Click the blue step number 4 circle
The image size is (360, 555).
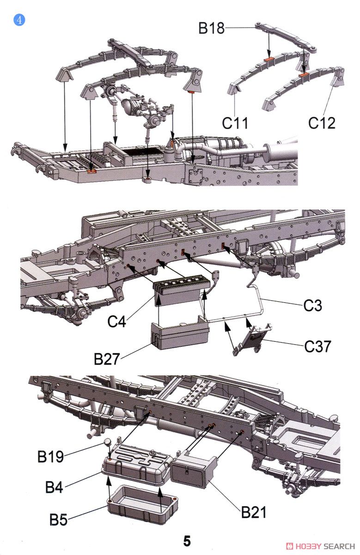(19, 20)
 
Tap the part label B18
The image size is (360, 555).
(211, 28)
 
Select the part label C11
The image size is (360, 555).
(235, 123)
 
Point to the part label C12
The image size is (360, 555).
(322, 123)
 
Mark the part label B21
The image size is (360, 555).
(254, 512)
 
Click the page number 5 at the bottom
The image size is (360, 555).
(187, 541)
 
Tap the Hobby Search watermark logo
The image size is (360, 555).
(320, 546)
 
